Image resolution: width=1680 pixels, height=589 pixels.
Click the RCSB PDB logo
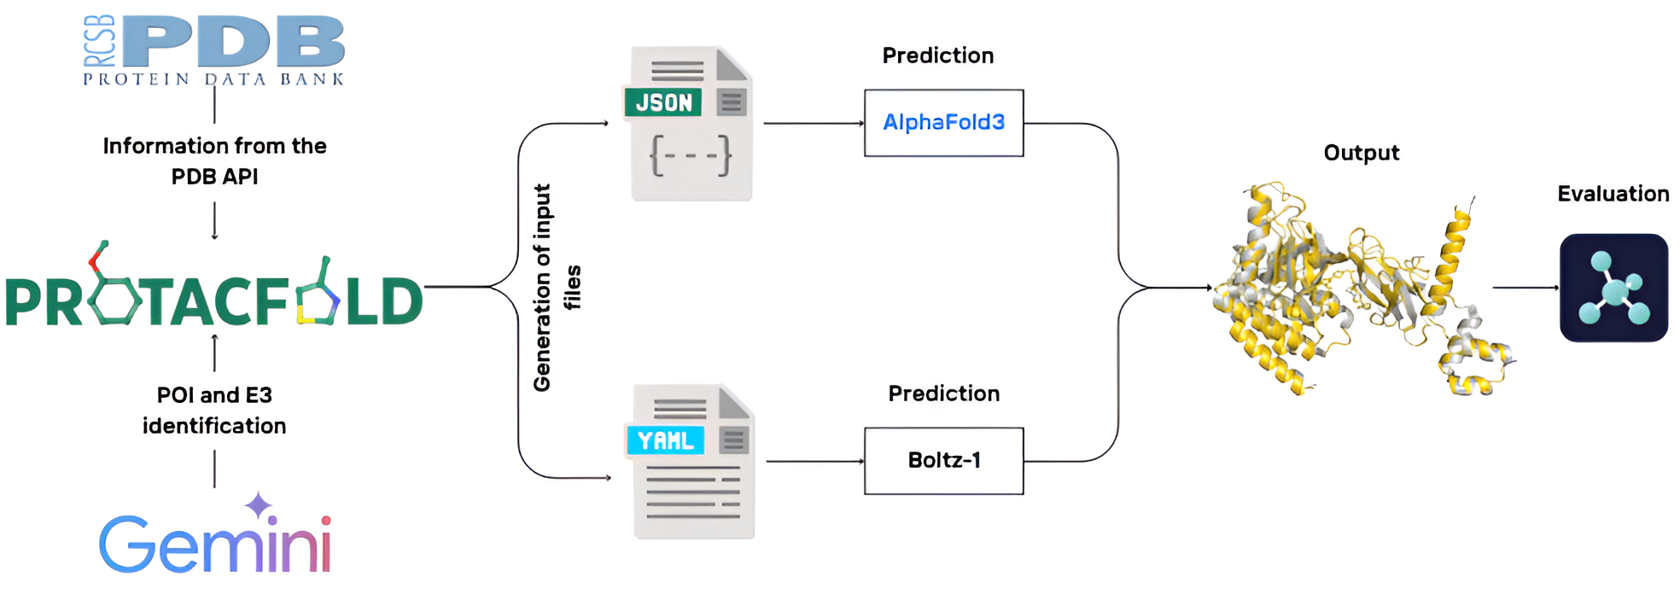tap(214, 50)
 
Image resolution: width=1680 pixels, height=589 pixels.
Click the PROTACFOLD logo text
tap(213, 294)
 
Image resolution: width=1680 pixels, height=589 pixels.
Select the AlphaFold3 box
tap(943, 123)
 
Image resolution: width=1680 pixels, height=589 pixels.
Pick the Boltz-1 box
tap(943, 461)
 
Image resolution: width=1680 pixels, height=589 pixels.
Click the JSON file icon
tap(691, 125)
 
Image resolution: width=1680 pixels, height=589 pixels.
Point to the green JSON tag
tap(663, 102)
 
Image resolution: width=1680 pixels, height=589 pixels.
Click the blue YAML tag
tap(665, 440)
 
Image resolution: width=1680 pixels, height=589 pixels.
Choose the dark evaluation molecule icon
tap(1613, 289)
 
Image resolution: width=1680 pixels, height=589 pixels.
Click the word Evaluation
tap(1613, 194)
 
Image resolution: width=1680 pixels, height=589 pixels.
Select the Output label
tap(1361, 153)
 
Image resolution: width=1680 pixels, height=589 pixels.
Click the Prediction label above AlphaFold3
tap(937, 55)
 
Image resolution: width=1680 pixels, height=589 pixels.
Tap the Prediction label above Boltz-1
tap(943, 394)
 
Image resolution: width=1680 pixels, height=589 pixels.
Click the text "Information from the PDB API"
tap(214, 161)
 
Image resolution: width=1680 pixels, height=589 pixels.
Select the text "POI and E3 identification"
tap(214, 411)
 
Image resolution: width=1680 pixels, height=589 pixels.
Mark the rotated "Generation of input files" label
tap(556, 288)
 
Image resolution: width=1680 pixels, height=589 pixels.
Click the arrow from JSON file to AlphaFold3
tap(813, 123)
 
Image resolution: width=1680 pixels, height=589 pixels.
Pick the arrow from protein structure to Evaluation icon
tap(1525, 288)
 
